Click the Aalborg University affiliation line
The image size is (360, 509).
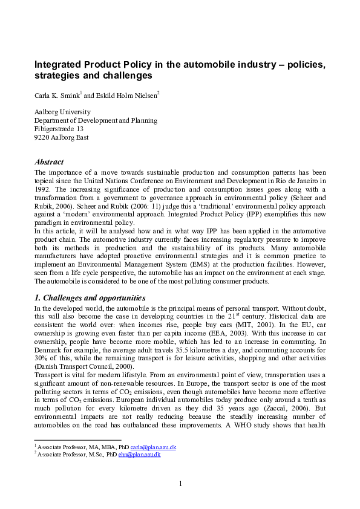pos(62,112)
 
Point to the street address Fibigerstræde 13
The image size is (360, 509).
pos(59,129)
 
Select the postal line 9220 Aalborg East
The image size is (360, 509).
pos(61,137)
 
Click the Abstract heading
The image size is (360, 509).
pos(49,162)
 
